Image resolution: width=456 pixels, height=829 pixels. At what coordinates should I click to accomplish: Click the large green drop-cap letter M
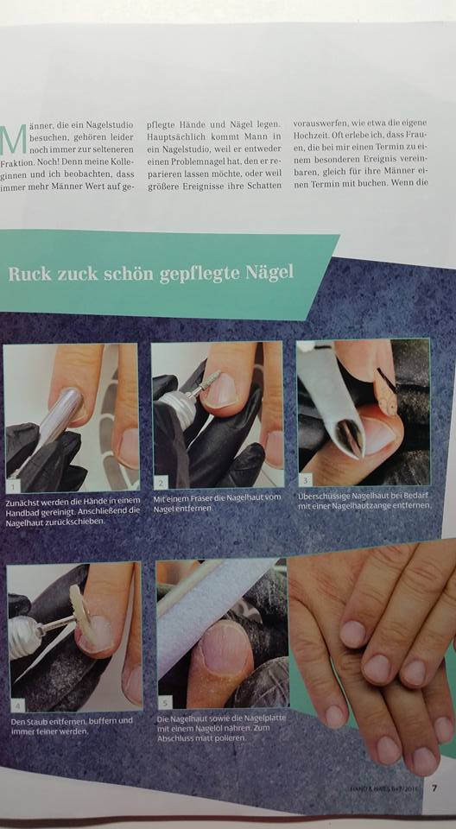pos(14,140)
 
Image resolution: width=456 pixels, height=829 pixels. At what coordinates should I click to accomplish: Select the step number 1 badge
pos(12,484)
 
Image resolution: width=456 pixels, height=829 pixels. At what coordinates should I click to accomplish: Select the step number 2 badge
pos(161,481)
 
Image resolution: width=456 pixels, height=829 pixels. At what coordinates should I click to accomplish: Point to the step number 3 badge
pos(306,479)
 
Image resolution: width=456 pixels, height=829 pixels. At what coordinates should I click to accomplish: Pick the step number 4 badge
pos(18,706)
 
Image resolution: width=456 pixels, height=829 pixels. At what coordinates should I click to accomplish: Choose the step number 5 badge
pos(165,702)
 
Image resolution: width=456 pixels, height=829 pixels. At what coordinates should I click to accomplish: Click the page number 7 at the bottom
pos(434,788)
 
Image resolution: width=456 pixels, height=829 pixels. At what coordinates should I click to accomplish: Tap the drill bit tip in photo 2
pos(212,379)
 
